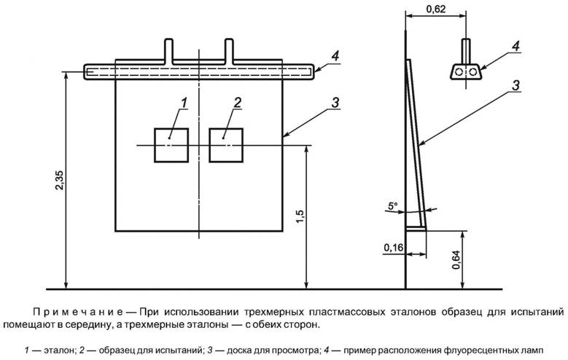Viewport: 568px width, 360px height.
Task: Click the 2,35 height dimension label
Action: [x=60, y=180]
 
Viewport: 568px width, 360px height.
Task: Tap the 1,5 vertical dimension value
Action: [x=301, y=216]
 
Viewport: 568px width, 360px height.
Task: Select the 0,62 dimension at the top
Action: [x=435, y=9]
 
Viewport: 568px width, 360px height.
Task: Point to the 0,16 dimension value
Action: [x=393, y=247]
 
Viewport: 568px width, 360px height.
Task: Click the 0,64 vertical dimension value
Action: [x=456, y=259]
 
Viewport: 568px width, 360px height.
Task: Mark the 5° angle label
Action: [x=393, y=206]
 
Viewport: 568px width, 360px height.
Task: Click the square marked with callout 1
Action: [x=171, y=145]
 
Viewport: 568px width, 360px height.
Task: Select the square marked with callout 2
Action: [x=226, y=145]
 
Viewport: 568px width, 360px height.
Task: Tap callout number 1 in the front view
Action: [x=184, y=103]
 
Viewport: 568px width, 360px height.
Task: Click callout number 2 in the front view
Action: [x=237, y=103]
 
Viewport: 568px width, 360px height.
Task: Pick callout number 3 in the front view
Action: [x=335, y=103]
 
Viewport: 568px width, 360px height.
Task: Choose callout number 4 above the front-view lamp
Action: [x=335, y=56]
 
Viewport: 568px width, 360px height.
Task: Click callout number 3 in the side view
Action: [x=516, y=85]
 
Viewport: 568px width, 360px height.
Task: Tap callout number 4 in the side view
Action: [x=516, y=46]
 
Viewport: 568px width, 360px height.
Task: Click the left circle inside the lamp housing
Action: [x=459, y=71]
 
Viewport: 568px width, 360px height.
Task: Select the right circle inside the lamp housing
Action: [x=472, y=71]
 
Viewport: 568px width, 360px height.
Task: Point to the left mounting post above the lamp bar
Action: [x=169, y=51]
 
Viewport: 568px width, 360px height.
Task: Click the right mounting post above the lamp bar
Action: [x=229, y=51]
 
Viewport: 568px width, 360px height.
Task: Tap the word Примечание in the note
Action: [x=79, y=311]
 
